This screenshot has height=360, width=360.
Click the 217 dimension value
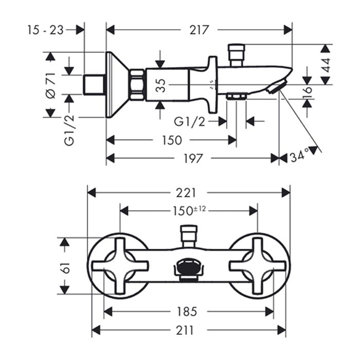199,30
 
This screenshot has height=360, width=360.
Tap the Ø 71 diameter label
50,85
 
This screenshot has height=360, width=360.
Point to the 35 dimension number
160,84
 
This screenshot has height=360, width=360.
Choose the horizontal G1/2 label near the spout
189,121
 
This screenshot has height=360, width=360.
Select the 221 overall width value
186,192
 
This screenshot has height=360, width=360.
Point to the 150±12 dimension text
188,209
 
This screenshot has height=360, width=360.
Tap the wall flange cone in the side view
116,85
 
